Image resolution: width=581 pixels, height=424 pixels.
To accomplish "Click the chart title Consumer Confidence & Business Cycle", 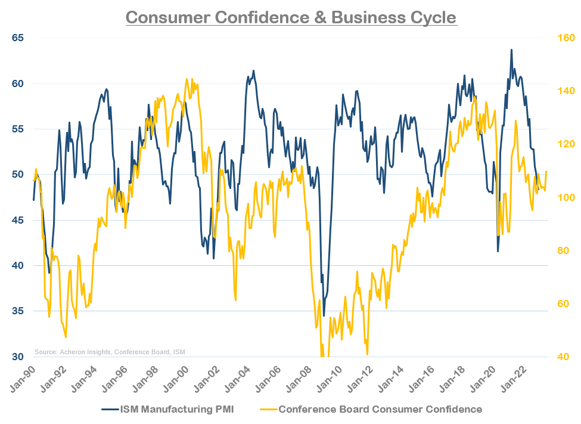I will pyautogui.click(x=291, y=17).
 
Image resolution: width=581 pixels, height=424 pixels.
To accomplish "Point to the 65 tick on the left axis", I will pyautogui.click(x=18, y=38).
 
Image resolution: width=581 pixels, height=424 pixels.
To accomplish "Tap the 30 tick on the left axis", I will pyautogui.click(x=18, y=357).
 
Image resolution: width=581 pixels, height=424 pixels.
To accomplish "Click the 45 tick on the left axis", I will pyautogui.click(x=18, y=220).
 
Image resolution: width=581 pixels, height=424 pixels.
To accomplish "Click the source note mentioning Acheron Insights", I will pyautogui.click(x=110, y=351).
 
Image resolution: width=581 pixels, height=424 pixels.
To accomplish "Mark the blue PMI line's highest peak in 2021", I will pyautogui.click(x=511, y=50).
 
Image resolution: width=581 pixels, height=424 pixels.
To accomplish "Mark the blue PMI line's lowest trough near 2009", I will pyautogui.click(x=324, y=315).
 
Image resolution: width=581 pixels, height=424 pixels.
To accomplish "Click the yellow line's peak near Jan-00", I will pyautogui.click(x=187, y=79).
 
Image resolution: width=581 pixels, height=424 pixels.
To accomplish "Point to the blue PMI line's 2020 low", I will pyautogui.click(x=498, y=251).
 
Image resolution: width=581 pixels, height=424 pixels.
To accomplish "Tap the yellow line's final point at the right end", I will pyautogui.click(x=546, y=172).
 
